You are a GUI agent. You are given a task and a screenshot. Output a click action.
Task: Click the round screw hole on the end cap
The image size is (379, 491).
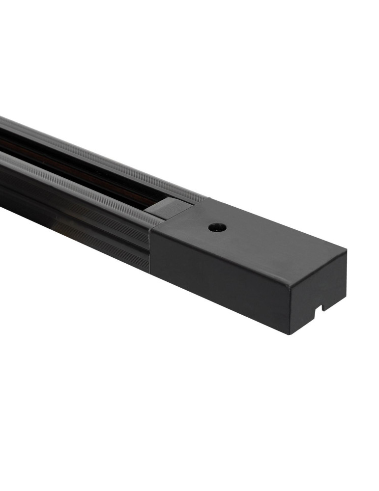216,227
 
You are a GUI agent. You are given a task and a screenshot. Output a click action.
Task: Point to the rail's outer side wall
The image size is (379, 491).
74,216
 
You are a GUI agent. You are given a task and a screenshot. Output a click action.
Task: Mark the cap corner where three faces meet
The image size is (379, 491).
290,285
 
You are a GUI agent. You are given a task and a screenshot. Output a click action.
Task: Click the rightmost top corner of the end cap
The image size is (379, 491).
347,250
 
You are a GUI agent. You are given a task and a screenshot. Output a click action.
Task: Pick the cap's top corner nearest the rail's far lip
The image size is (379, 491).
208,198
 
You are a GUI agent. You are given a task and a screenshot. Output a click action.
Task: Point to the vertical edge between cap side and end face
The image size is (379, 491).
289,309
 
